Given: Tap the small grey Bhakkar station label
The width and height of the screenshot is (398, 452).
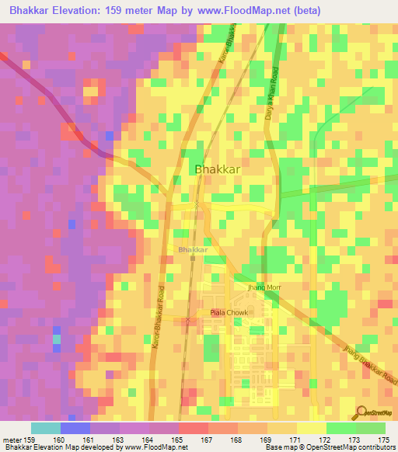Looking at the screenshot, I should tap(193, 250).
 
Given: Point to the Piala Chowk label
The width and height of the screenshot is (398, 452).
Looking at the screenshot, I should tap(226, 313).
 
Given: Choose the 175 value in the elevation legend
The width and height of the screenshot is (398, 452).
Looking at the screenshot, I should tap(381, 439).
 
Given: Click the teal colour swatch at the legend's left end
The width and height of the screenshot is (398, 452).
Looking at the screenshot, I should tap(45, 428).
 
